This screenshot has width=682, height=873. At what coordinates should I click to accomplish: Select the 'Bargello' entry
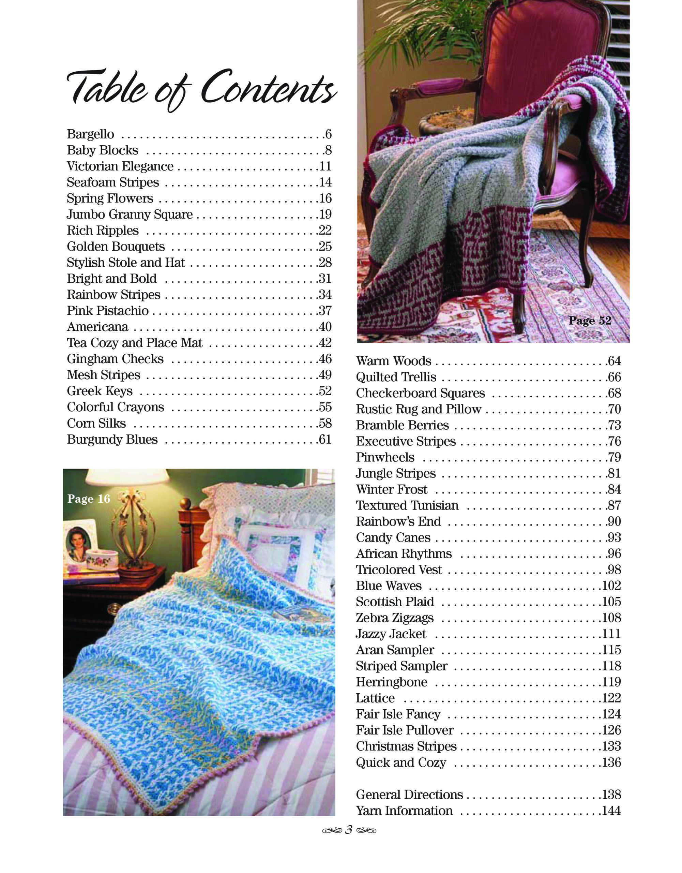tap(91, 134)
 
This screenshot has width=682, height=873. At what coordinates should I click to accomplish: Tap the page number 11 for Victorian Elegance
tap(325, 166)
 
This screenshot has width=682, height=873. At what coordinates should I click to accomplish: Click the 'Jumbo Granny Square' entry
tap(130, 214)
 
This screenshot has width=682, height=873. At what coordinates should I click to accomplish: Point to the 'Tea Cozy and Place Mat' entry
tap(135, 343)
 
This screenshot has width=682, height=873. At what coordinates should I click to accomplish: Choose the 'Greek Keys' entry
tap(100, 391)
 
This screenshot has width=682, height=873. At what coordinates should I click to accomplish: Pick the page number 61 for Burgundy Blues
tap(325, 439)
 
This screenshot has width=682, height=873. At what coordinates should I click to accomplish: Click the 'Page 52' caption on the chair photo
tap(590, 321)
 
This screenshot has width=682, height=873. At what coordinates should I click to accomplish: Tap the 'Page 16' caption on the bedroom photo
tap(89, 499)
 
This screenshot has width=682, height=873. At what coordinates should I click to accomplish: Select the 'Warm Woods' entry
tap(394, 361)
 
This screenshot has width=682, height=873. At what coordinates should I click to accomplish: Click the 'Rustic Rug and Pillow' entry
tap(419, 409)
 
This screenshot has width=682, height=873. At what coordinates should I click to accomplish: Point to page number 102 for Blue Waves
tap(611, 586)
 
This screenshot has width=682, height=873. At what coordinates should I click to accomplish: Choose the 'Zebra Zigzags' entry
tap(395, 618)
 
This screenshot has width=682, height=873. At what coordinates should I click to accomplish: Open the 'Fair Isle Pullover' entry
tap(405, 730)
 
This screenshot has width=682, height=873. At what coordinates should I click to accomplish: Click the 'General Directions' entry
tap(410, 794)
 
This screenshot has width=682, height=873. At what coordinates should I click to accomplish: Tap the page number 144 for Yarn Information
tap(611, 811)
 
